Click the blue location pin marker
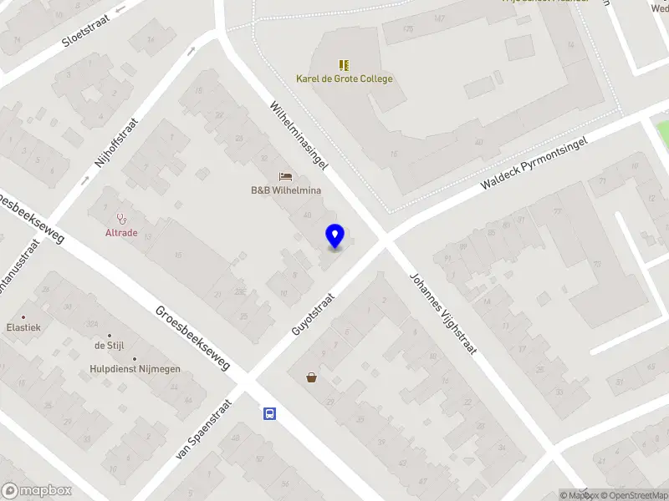334,236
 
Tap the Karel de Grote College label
344,79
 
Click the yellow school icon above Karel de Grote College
344,64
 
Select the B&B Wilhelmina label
286,190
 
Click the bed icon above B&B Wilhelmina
286,176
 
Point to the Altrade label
121,233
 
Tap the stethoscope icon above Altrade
121,219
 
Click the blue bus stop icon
270,413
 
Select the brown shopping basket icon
312,377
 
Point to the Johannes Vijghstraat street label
442,314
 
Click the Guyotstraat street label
313,314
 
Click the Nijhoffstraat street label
116,144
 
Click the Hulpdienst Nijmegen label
135,368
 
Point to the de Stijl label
109,346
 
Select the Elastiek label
23,328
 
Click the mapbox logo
35,490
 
